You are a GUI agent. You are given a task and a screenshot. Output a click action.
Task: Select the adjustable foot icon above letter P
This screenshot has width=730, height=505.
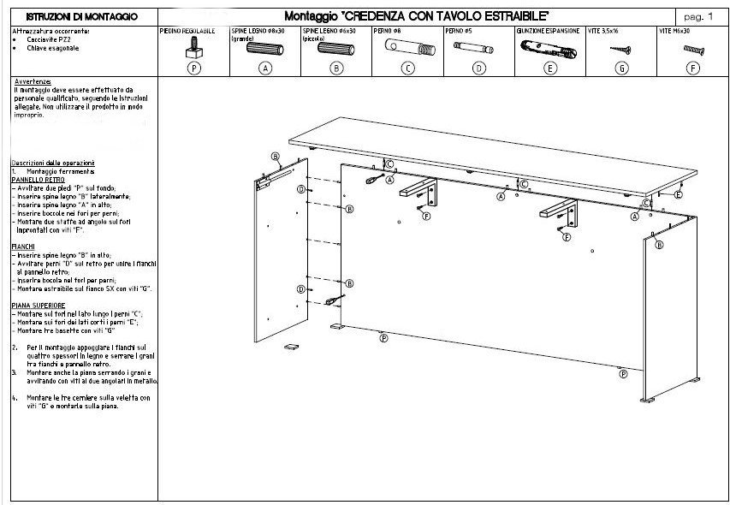pos(195,47)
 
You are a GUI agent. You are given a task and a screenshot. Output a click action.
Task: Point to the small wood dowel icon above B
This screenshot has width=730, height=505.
pos(337,49)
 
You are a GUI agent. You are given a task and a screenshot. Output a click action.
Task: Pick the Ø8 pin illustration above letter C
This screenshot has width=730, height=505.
pos(407,48)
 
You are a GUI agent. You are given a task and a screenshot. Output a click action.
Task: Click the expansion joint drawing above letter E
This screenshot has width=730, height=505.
pos(549,48)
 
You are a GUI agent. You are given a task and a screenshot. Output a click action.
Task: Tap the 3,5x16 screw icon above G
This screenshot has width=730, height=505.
pos(620,50)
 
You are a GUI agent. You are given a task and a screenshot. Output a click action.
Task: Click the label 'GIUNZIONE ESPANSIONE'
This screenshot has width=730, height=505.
pos(548,30)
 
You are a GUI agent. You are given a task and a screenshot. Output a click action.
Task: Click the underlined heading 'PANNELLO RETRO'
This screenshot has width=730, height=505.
pos(39,181)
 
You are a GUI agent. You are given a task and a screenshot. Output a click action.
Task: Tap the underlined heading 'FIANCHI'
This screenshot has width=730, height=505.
pos(23,247)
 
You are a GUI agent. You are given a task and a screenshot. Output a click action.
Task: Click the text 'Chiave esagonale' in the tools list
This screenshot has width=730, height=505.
pos(53,48)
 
